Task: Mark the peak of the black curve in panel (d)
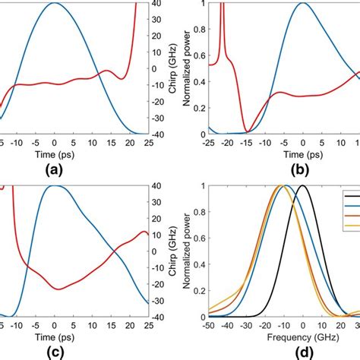[302, 185]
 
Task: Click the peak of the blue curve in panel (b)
[302, 3]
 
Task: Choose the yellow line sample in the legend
[352, 229]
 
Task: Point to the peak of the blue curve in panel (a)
[54, 3]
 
